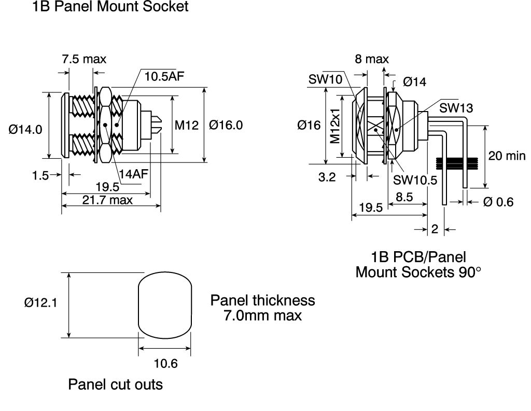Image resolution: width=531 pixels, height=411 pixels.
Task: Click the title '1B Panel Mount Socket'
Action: click(110, 6)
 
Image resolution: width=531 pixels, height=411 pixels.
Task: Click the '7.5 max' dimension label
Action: click(84, 59)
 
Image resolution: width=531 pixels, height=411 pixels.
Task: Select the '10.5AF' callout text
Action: click(164, 76)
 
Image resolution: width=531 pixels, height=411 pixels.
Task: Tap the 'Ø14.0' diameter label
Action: click(25, 129)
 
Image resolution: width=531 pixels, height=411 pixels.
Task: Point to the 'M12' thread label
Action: click(187, 126)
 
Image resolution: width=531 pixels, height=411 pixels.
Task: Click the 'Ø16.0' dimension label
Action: click(226, 125)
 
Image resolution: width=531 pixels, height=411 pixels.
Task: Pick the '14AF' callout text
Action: click(133, 174)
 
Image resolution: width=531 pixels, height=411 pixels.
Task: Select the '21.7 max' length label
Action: click(107, 200)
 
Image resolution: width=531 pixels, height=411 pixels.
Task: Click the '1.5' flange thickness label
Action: click(40, 175)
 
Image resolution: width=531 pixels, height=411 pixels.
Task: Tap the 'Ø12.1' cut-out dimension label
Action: click(40, 302)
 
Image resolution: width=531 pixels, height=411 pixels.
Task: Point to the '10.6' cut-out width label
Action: click(165, 364)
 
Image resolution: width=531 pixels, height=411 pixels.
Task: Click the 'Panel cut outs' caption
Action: click(116, 385)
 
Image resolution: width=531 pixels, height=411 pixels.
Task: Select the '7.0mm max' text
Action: click(262, 316)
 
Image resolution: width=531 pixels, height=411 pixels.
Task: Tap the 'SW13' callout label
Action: click(456, 108)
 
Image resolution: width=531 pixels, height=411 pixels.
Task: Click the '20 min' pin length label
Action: click(507, 156)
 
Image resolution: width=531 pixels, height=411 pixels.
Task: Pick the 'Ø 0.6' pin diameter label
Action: click(498, 202)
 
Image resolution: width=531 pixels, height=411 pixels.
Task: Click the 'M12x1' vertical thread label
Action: click(335, 127)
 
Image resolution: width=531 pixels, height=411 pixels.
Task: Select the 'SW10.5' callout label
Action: click(415, 180)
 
